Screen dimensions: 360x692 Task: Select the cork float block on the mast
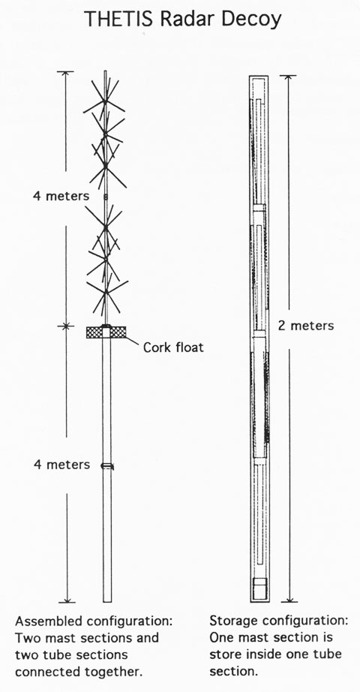106,332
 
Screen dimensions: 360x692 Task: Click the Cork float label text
173,347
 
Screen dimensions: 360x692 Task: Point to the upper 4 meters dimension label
61,195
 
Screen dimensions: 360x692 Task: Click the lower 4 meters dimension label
61,465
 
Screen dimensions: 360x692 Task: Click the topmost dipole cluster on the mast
105,101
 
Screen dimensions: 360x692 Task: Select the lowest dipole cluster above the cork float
107,292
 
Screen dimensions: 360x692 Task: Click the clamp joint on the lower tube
107,465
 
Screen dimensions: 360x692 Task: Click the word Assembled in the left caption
49,621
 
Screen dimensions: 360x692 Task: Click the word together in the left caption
114,672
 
